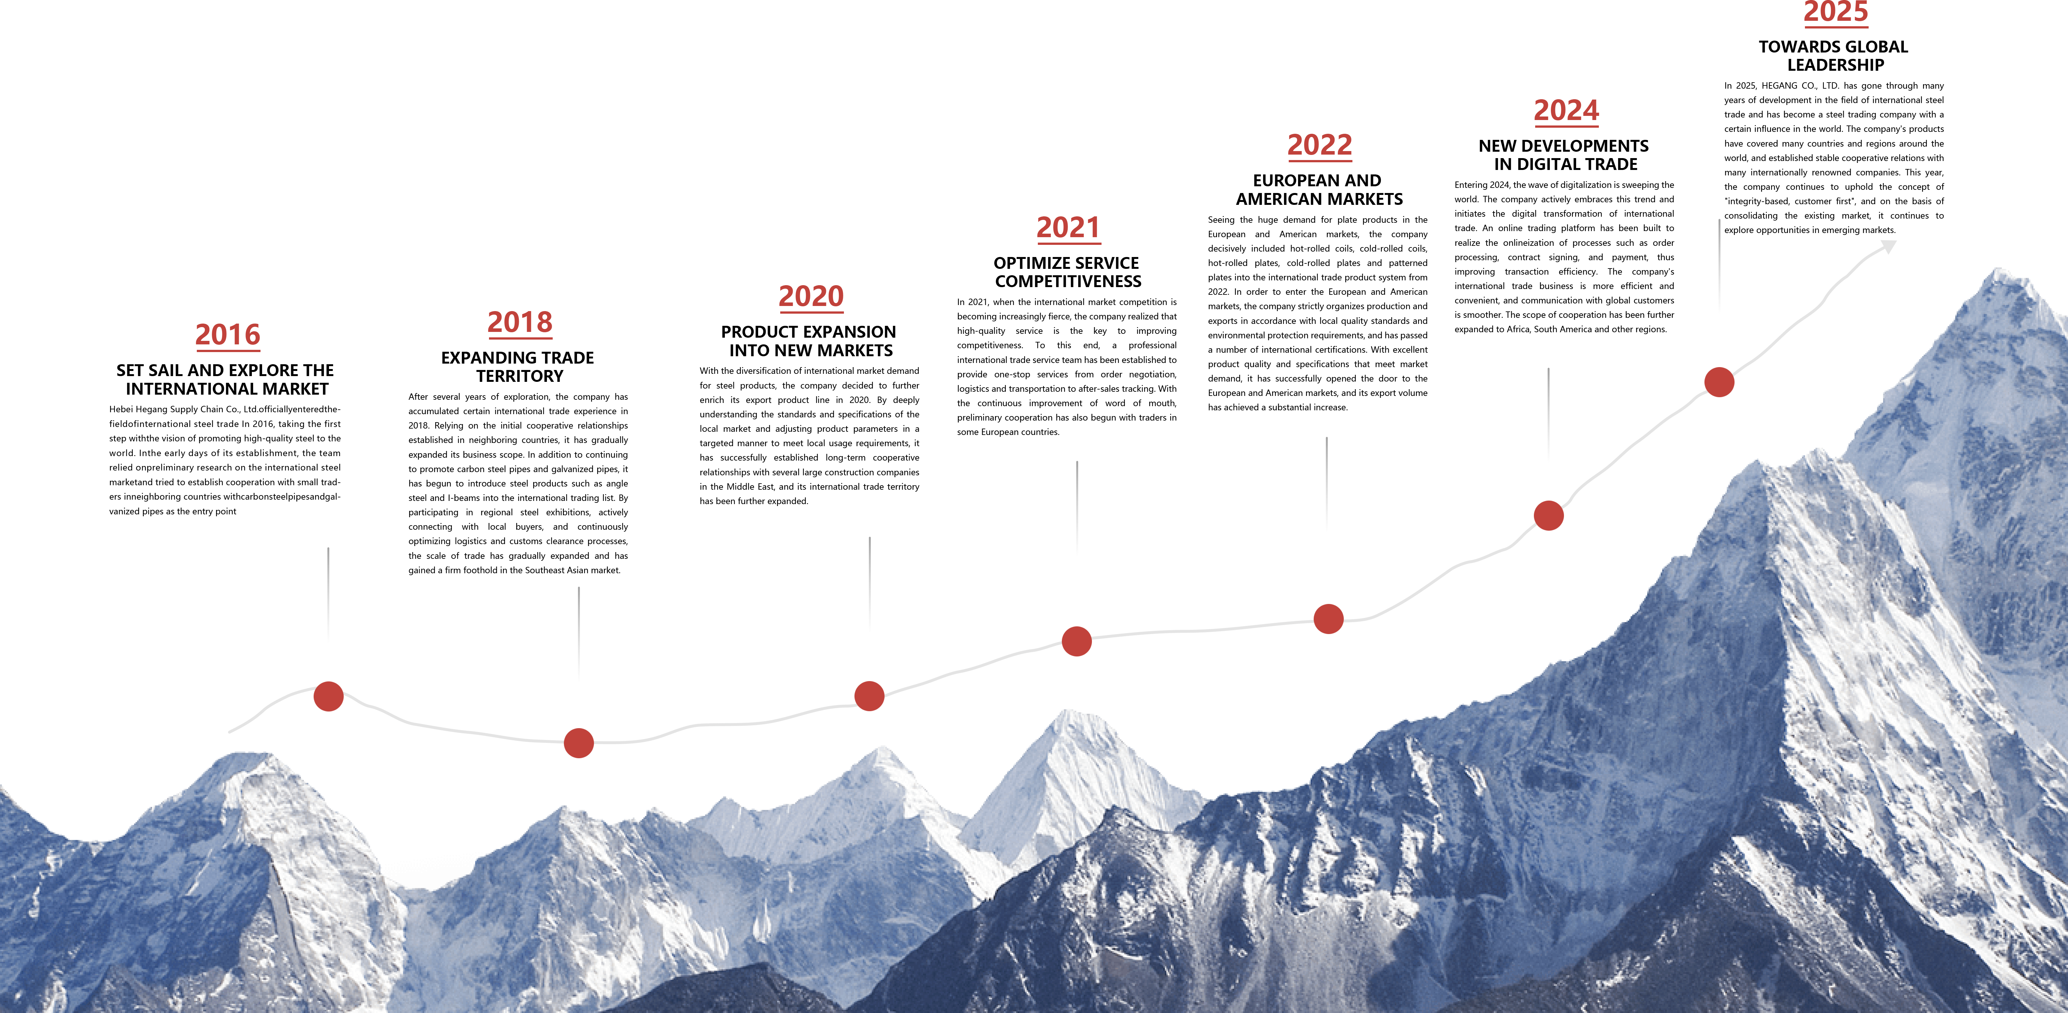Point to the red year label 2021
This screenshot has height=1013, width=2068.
tap(1069, 228)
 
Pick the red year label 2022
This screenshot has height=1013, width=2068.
tap(1320, 145)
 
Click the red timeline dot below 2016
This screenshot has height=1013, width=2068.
tap(328, 696)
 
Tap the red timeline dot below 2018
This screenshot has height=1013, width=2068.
tap(579, 743)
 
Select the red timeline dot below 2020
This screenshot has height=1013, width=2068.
tap(870, 696)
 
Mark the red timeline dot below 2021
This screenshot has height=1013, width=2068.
tap(1077, 641)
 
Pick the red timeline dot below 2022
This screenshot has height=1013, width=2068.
tap(1329, 619)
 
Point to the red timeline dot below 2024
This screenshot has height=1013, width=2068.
tap(1549, 515)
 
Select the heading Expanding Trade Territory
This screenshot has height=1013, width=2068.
tap(519, 367)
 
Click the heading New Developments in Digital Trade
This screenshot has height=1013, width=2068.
tap(1565, 155)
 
